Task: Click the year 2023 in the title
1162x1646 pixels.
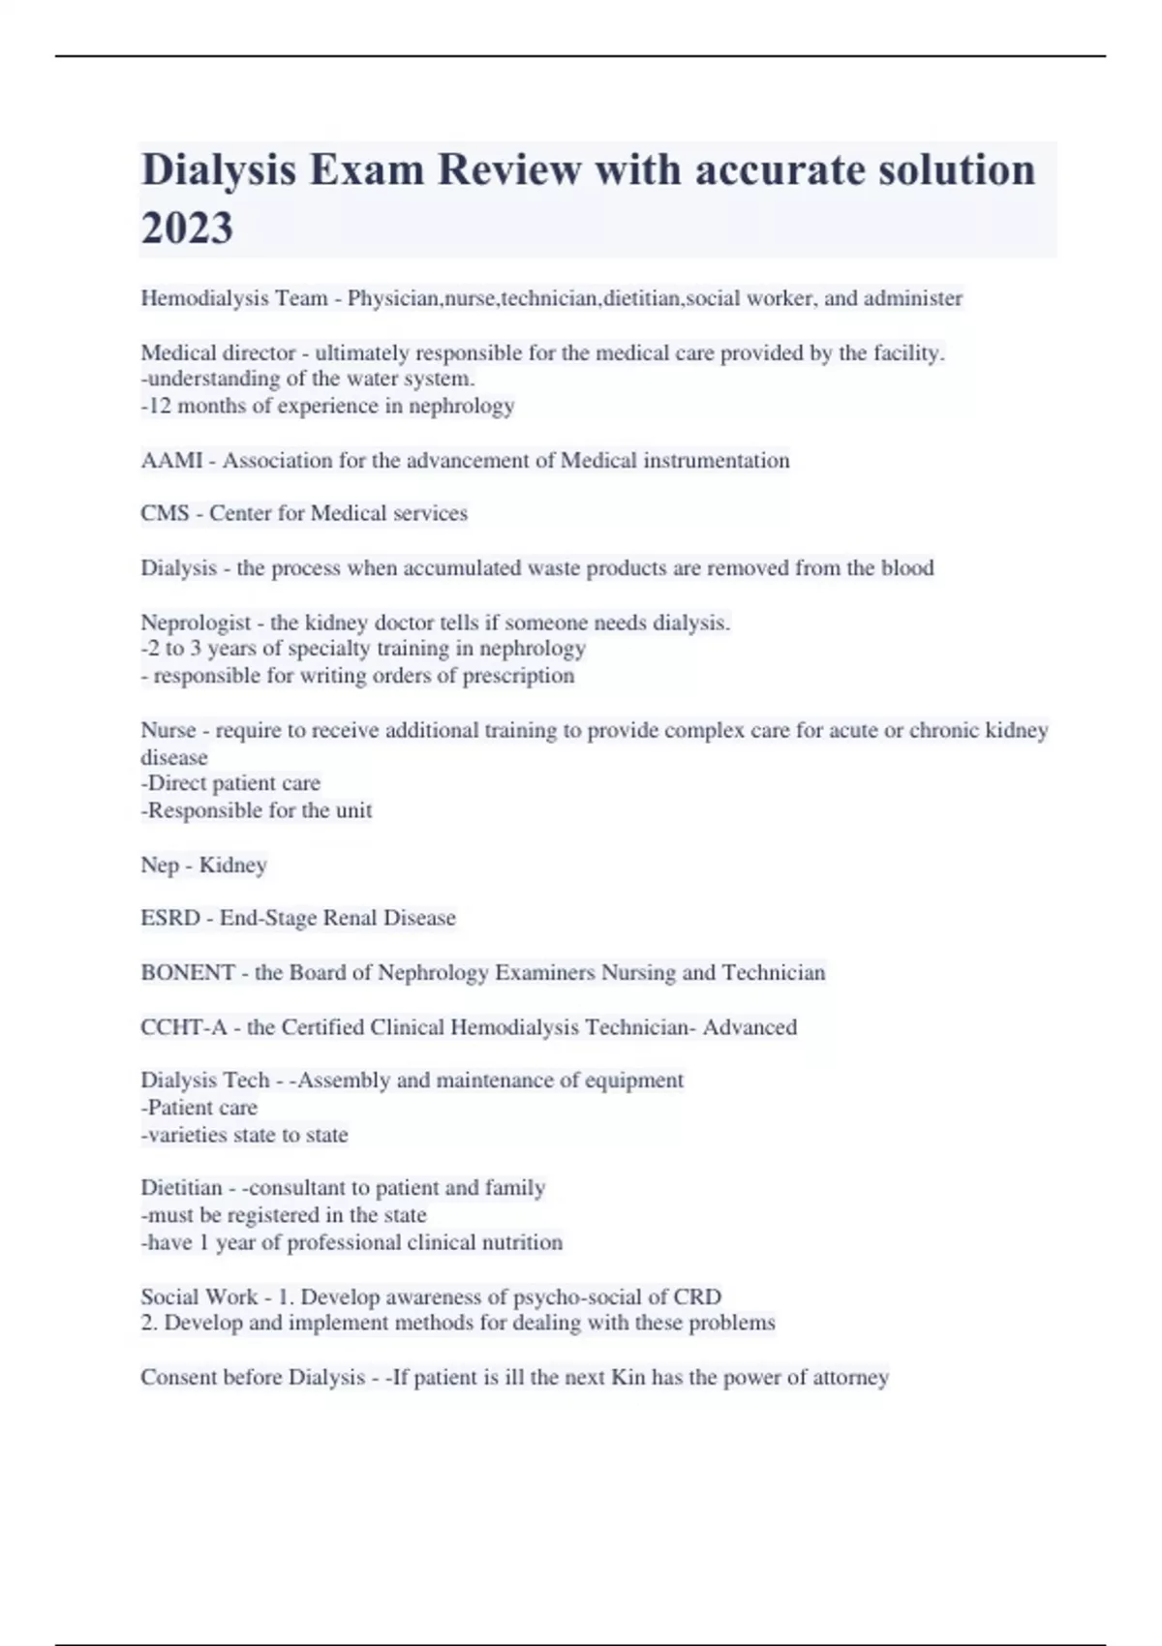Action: coord(187,229)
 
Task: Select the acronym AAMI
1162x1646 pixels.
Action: coord(171,460)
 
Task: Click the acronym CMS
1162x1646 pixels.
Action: coord(165,513)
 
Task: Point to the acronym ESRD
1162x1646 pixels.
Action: coord(170,918)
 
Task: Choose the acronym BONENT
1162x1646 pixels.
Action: coord(188,972)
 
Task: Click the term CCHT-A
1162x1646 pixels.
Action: coord(183,1027)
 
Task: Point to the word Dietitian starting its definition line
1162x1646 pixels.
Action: coord(181,1188)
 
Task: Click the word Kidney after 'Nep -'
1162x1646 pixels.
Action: coord(232,865)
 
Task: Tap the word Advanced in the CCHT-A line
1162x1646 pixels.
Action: coord(749,1027)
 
